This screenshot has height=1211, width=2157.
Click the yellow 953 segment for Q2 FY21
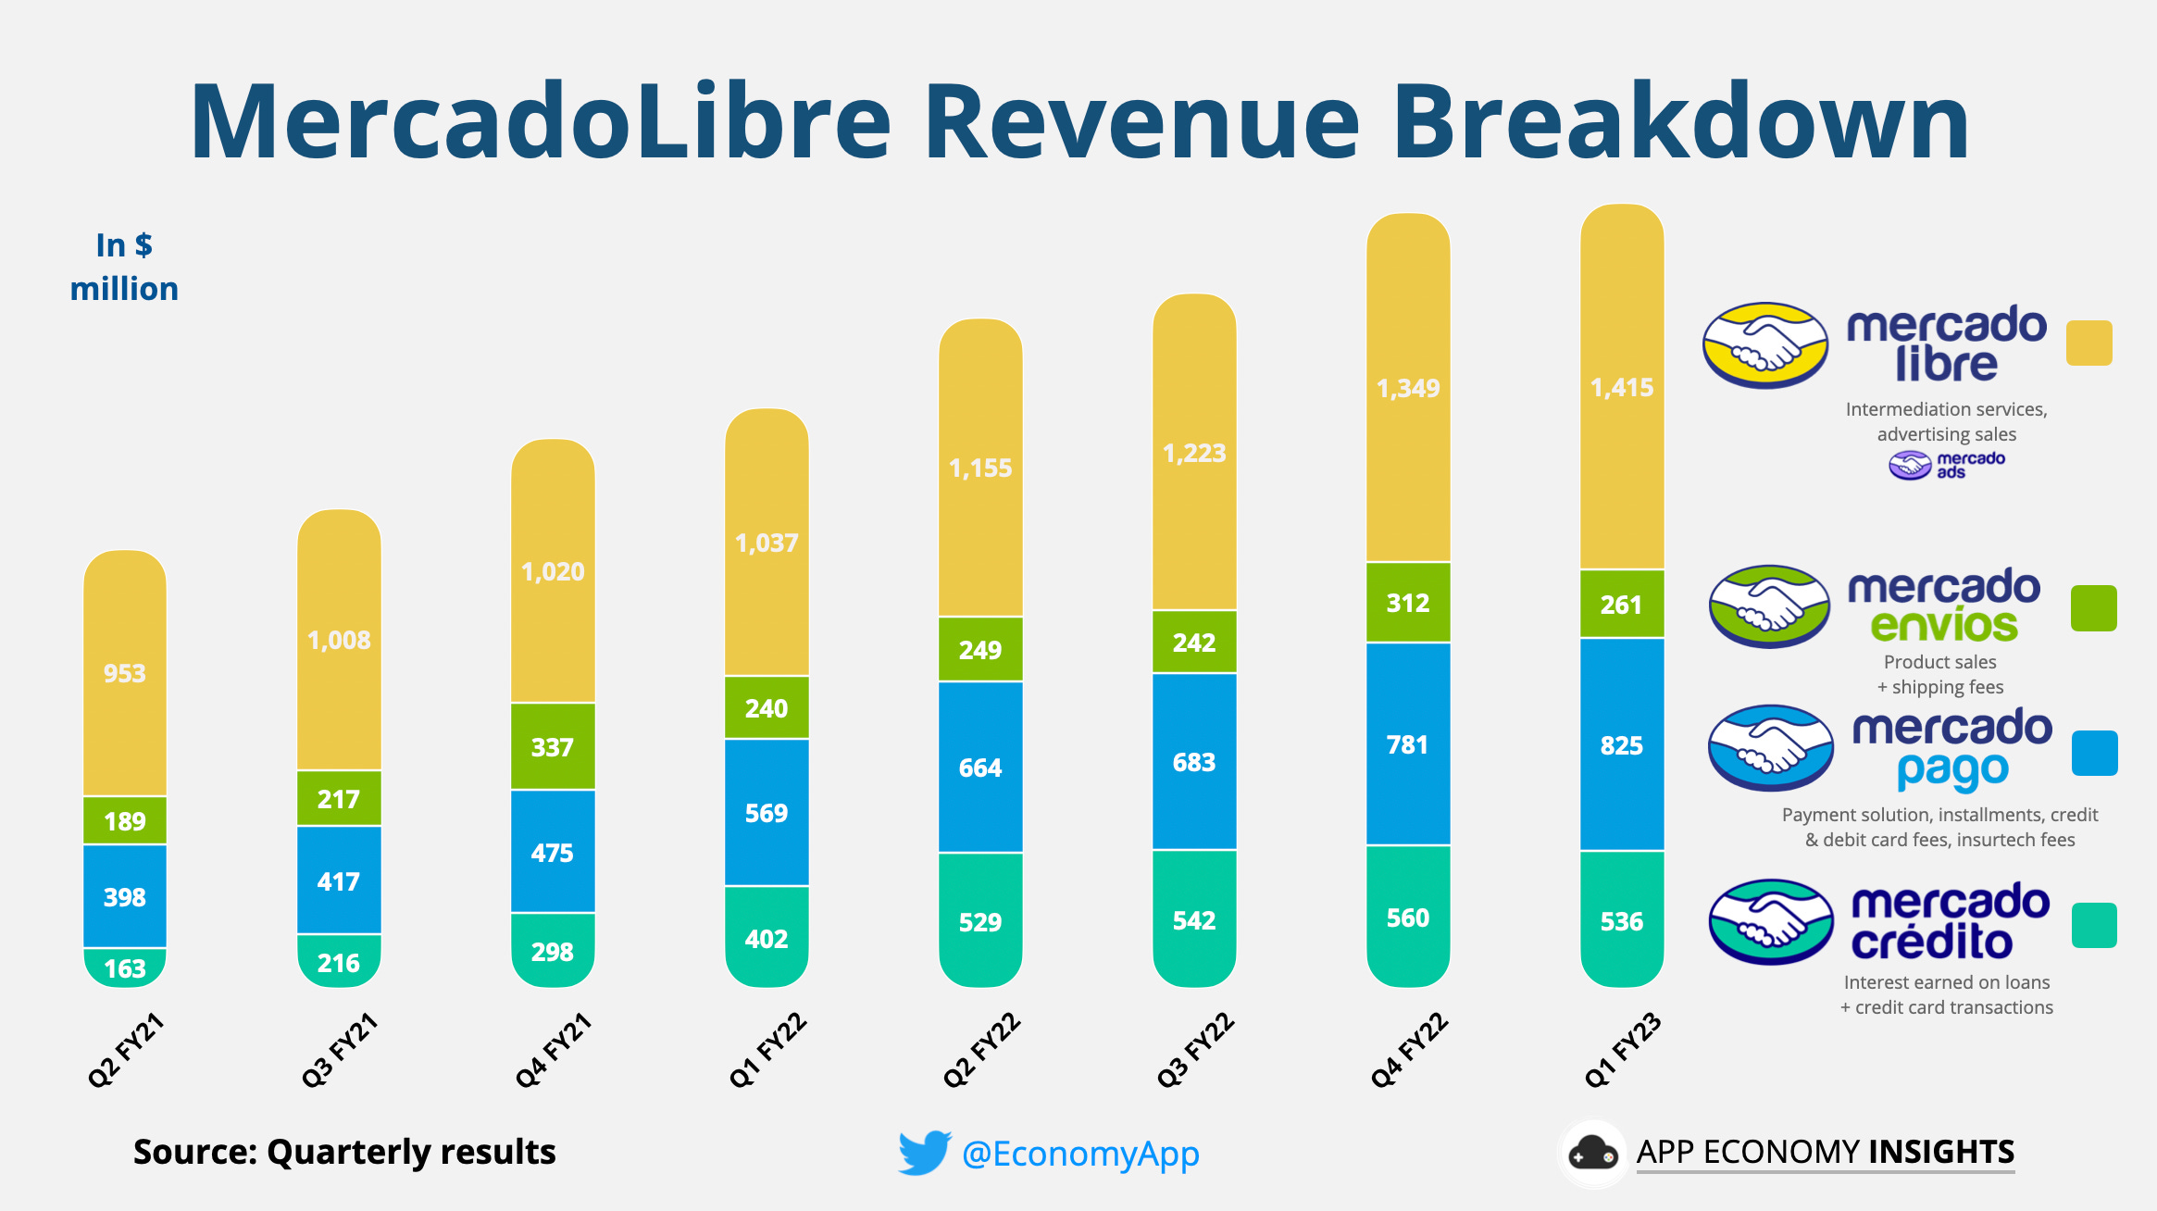(125, 673)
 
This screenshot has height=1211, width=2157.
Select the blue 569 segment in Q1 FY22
(767, 812)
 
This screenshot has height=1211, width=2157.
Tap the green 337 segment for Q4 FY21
(553, 746)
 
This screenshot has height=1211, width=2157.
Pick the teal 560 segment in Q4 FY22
(1408, 917)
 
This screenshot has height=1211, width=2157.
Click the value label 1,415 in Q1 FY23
(1622, 387)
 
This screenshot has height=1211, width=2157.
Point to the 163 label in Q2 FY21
(125, 968)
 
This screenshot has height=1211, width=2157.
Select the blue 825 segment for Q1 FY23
(1622, 744)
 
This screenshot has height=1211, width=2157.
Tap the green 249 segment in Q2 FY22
(980, 649)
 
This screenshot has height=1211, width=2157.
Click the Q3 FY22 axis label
(1195, 1050)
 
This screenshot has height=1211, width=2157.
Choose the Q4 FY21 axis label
(554, 1050)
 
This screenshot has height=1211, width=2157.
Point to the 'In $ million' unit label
(124, 267)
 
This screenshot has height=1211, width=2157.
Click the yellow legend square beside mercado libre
(2088, 343)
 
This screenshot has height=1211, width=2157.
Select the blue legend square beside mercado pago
(2094, 753)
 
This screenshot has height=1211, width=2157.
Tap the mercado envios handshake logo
(1769, 606)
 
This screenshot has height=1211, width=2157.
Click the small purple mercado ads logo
(1910, 465)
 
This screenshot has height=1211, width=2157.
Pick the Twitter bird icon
(924, 1152)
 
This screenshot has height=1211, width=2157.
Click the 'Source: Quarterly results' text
(344, 1152)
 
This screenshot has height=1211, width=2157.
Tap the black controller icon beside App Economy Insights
(1592, 1154)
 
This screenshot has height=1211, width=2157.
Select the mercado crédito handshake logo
(1770, 922)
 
